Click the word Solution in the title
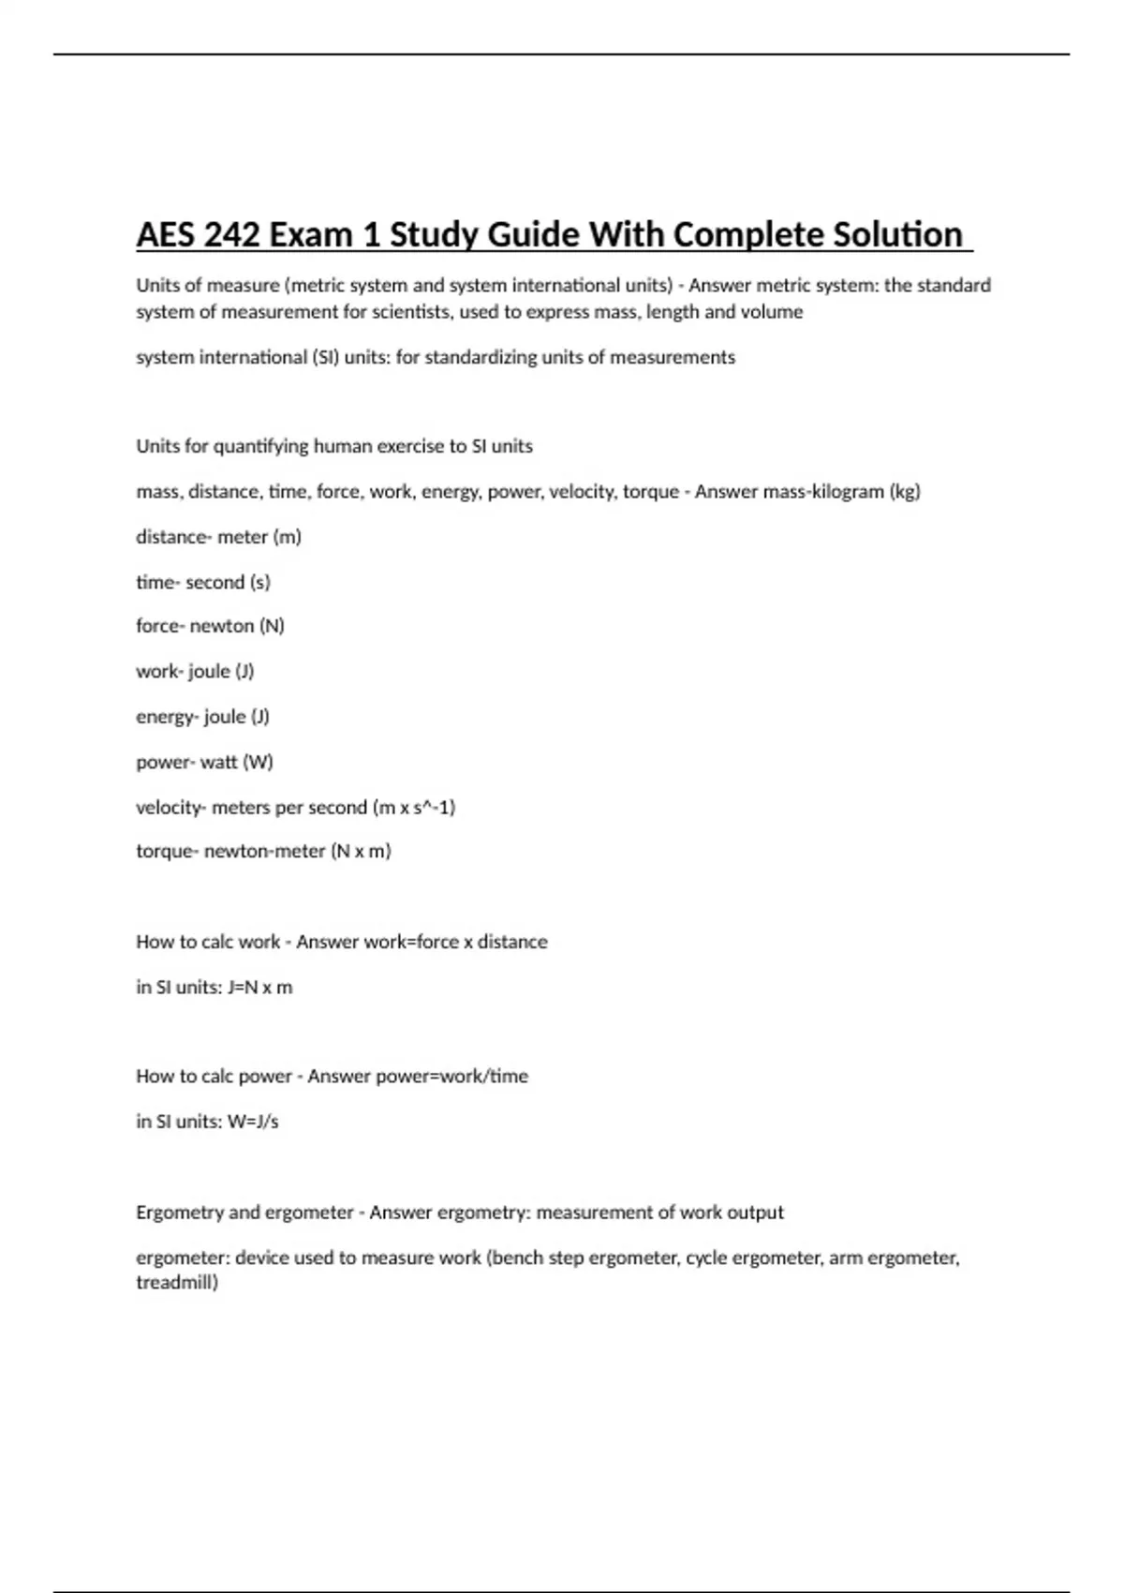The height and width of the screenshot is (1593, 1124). (897, 234)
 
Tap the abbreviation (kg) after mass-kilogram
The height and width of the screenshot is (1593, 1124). (904, 491)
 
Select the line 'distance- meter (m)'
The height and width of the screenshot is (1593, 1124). (218, 537)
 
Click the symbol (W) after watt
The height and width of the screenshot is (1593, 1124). (258, 762)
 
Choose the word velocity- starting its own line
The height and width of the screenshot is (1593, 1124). (170, 807)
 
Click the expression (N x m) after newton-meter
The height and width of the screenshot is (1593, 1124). (361, 852)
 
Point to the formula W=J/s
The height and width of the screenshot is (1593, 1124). (253, 1122)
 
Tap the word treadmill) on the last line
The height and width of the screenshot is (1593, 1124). (177, 1282)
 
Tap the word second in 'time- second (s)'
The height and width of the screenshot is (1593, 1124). (215, 582)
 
